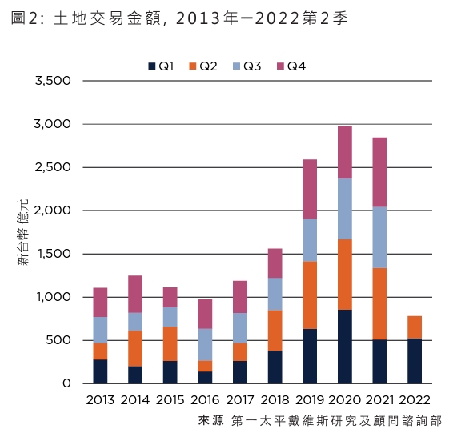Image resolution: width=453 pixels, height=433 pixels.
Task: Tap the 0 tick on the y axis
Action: [67, 384]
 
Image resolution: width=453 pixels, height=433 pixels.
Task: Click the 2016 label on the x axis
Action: [206, 399]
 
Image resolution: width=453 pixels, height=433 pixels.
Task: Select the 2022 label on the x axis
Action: [415, 399]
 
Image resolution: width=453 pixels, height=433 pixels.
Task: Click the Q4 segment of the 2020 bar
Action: [345, 152]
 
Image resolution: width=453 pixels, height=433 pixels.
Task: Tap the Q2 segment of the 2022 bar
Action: [415, 327]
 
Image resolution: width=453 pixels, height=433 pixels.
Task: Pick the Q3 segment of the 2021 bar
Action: [380, 237]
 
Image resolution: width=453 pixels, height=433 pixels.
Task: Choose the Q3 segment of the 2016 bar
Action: [206, 344]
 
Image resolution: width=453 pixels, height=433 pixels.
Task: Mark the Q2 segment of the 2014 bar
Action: [135, 348]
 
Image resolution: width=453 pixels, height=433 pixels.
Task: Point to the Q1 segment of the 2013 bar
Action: [100, 371]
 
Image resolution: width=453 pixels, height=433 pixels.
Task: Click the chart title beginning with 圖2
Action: [180, 18]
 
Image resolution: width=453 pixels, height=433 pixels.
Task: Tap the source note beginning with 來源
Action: [319, 420]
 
